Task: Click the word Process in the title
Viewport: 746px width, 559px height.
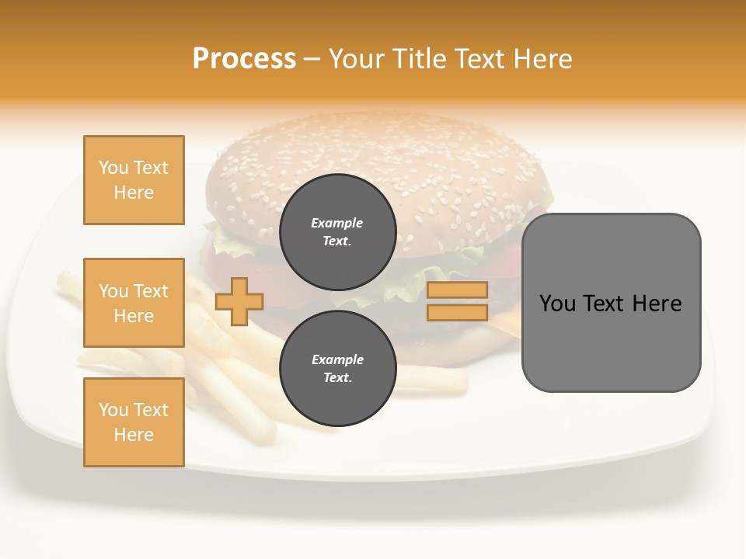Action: click(x=244, y=59)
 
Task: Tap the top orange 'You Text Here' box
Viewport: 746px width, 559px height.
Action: click(x=134, y=180)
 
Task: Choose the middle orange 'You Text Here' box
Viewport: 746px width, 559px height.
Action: click(x=134, y=303)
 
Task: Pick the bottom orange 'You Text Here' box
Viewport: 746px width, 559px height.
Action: click(x=134, y=422)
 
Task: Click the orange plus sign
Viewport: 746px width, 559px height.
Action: click(x=239, y=301)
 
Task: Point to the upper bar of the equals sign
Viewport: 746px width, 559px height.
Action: click(x=457, y=290)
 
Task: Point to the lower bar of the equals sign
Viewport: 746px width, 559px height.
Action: click(x=457, y=313)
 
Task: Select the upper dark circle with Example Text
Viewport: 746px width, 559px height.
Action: click(x=337, y=231)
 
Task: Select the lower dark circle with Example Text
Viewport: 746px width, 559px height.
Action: click(x=337, y=368)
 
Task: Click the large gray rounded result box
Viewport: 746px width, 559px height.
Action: click(x=611, y=302)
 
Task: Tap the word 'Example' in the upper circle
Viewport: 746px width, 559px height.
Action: click(x=337, y=223)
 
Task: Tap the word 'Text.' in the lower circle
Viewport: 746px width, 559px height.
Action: click(x=337, y=378)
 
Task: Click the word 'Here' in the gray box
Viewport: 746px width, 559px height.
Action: click(x=657, y=304)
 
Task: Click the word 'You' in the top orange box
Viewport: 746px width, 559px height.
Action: click(x=113, y=168)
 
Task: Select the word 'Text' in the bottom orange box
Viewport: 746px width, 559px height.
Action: click(x=150, y=410)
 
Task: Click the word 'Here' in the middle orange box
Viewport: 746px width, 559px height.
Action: click(x=134, y=316)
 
